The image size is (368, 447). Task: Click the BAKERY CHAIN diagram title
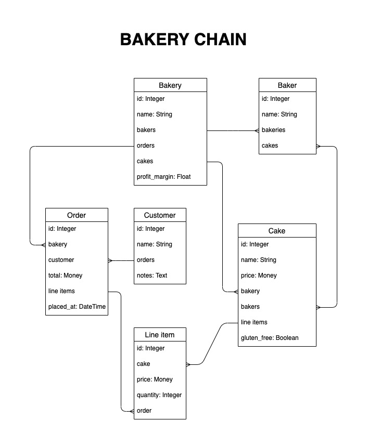pyautogui.click(x=183, y=40)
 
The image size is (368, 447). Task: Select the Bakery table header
pyautogui.click(x=170, y=85)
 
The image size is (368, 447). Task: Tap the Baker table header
pyautogui.click(x=287, y=85)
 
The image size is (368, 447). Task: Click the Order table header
pyautogui.click(x=77, y=215)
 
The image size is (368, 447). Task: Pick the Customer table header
pyautogui.click(x=160, y=215)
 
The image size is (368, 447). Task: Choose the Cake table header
pyautogui.click(x=277, y=231)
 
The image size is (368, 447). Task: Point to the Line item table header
pyautogui.click(x=160, y=335)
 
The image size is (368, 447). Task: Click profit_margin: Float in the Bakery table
pyautogui.click(x=163, y=177)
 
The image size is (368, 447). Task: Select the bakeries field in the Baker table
pyautogui.click(x=273, y=130)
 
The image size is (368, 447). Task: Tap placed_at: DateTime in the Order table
pyautogui.click(x=77, y=307)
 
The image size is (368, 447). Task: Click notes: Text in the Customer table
pyautogui.click(x=152, y=275)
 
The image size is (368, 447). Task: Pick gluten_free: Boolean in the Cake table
pyautogui.click(x=270, y=338)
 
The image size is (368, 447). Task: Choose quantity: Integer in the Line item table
pyautogui.click(x=159, y=395)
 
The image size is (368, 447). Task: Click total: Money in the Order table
pyautogui.click(x=65, y=275)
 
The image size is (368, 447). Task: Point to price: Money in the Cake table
pyautogui.click(x=259, y=275)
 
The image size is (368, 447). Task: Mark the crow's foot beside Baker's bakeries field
pyautogui.click(x=257, y=131)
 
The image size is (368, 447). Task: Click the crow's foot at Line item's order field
pyautogui.click(x=132, y=411)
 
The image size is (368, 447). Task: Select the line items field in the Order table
pyautogui.click(x=61, y=291)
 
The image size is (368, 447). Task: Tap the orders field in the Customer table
pyautogui.click(x=146, y=260)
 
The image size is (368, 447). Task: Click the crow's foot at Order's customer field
pyautogui.click(x=110, y=260)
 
